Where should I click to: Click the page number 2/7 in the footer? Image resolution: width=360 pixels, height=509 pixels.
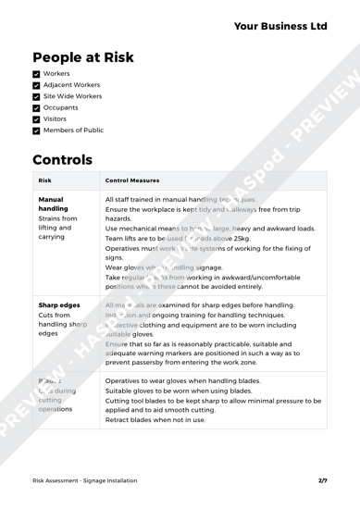coord(323,479)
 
